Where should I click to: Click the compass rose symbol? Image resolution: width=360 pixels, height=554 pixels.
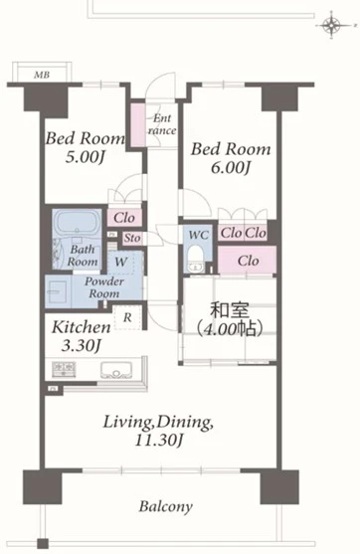point(331,25)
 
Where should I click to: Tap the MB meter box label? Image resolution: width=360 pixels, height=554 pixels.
point(42,75)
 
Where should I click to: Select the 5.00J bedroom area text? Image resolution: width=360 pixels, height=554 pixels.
point(85,157)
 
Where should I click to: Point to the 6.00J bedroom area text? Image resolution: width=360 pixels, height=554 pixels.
point(230,168)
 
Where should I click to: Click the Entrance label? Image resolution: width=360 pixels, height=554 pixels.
point(162,124)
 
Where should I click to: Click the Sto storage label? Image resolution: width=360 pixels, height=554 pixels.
point(132,238)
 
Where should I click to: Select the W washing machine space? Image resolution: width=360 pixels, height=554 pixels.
point(120,262)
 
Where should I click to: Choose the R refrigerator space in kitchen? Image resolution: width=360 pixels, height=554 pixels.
point(127,317)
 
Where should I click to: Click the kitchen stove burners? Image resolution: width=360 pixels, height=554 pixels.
point(64,368)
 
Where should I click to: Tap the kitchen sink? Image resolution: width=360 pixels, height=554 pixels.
point(116,370)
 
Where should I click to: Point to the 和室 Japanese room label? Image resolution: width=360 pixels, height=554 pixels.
point(230,310)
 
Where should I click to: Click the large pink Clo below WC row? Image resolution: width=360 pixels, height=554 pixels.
point(247,260)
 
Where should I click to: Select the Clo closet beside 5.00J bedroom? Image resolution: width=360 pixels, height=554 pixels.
point(124,218)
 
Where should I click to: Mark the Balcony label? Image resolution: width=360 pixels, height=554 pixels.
point(166,506)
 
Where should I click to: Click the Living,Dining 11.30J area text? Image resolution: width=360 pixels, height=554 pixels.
point(158,431)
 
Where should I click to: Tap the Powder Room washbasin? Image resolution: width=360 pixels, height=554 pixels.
point(58,291)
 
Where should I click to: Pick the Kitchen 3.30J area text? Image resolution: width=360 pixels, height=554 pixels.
point(82,336)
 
